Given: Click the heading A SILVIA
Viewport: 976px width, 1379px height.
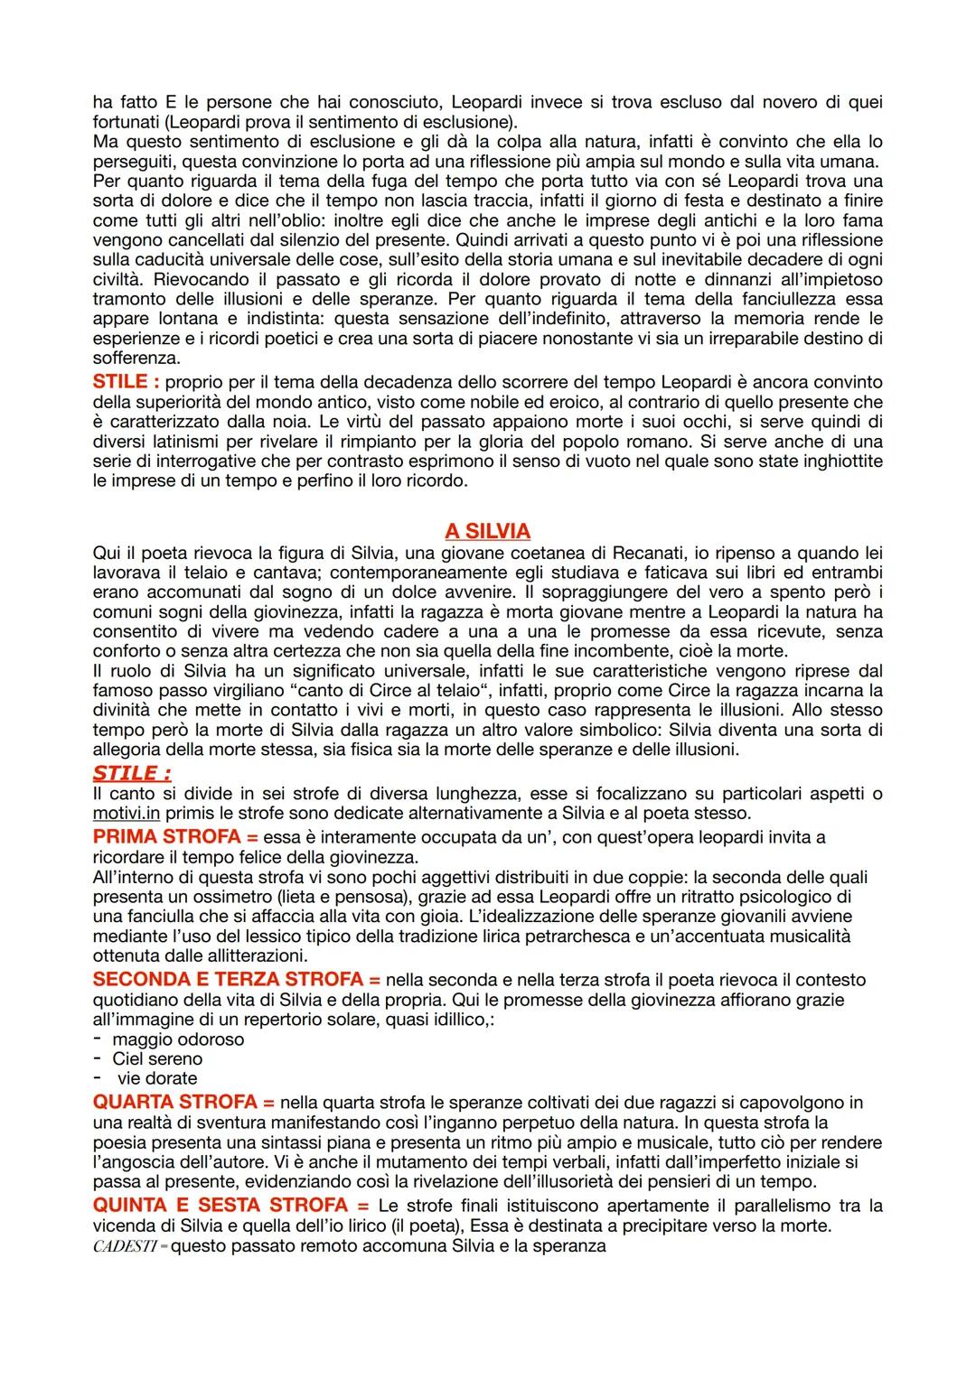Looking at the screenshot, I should [x=487, y=530].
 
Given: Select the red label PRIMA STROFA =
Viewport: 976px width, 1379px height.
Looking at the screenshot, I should [x=175, y=836].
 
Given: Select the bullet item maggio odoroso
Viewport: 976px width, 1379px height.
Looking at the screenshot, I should [x=178, y=1039].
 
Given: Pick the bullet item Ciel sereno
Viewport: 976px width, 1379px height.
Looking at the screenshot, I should [x=157, y=1058].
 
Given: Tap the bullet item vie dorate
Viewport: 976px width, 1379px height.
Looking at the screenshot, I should [x=156, y=1078].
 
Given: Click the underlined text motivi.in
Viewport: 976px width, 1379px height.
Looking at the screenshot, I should [x=127, y=813].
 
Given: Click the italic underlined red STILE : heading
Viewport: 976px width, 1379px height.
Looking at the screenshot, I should [x=132, y=773].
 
